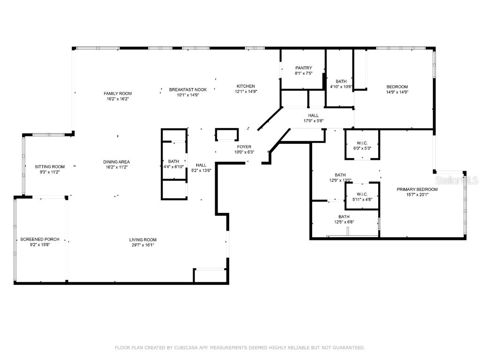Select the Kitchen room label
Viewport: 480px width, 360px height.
(x=246, y=86)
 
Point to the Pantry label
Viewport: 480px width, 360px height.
(x=303, y=68)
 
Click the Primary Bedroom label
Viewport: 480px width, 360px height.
(x=417, y=189)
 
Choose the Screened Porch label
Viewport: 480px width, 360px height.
(x=40, y=240)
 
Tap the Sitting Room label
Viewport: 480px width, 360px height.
(x=50, y=167)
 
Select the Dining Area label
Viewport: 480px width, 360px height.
(x=116, y=162)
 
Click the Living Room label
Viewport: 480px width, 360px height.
(x=143, y=240)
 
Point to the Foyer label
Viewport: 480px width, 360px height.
(x=244, y=147)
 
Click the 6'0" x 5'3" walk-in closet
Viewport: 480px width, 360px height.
(x=362, y=145)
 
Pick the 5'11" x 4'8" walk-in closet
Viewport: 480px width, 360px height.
(x=362, y=197)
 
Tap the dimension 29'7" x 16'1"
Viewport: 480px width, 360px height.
(x=143, y=245)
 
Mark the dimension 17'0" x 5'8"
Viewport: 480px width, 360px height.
(x=313, y=121)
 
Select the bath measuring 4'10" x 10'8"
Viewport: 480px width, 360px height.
(x=341, y=84)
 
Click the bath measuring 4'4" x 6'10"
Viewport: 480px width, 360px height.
(x=174, y=164)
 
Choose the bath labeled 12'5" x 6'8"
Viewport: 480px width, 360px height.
(x=344, y=219)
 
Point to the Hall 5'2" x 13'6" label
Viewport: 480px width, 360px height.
(x=201, y=167)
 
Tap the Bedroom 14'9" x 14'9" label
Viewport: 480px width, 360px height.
(x=397, y=89)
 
